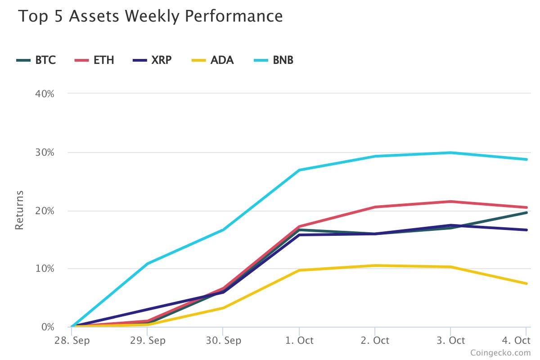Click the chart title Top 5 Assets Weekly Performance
tap(150, 17)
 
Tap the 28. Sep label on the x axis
tap(72, 340)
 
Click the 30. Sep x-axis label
tap(223, 340)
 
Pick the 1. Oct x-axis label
tap(299, 340)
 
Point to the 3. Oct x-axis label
tap(450, 340)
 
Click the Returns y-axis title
tap(19, 210)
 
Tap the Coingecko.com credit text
tap(500, 353)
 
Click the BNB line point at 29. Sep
tap(148, 263)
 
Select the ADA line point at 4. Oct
tap(526, 283)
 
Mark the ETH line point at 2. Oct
tap(375, 207)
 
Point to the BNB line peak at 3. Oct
tap(450, 153)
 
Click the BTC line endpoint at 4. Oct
tap(526, 212)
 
